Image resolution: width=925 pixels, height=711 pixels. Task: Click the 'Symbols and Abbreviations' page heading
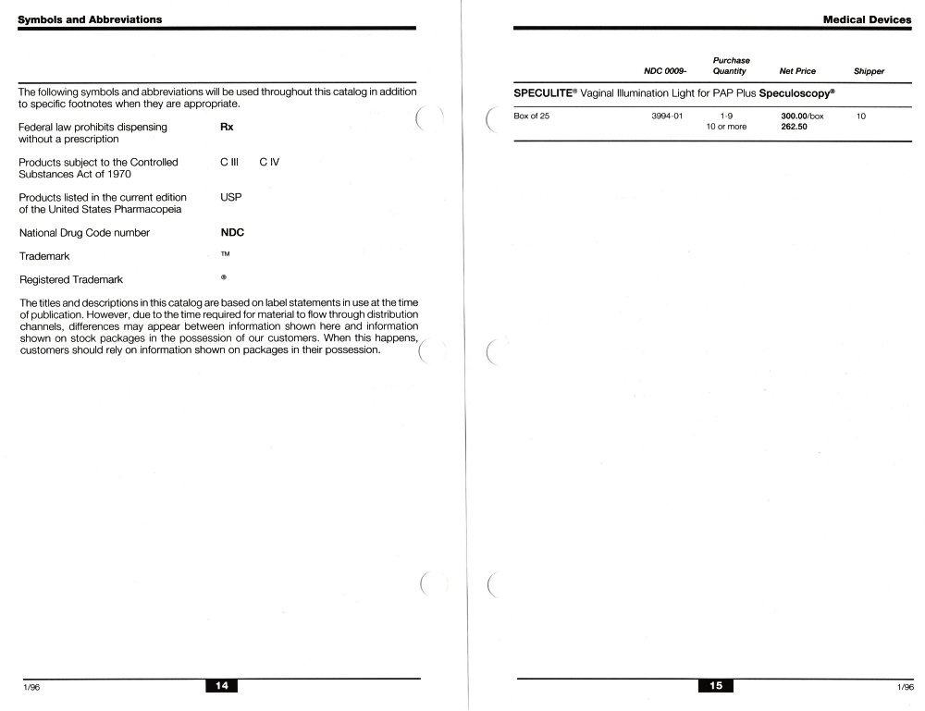[x=91, y=19]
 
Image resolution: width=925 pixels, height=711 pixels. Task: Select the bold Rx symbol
[x=227, y=127]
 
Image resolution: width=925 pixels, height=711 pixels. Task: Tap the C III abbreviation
[x=230, y=162]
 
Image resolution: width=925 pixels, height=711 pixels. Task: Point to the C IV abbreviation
[x=269, y=162]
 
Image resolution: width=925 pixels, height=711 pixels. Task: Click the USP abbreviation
[x=230, y=197]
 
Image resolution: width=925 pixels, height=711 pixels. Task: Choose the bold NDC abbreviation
[x=232, y=233]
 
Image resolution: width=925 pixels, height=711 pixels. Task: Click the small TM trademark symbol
[x=225, y=254]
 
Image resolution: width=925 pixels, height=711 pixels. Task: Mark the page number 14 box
[x=222, y=685]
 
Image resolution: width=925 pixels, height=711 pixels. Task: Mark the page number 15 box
[x=715, y=685]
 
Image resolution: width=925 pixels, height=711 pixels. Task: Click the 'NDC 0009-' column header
[x=665, y=71]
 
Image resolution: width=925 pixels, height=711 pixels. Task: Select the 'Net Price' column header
[x=797, y=71]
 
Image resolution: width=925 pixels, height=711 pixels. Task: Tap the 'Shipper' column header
[x=869, y=71]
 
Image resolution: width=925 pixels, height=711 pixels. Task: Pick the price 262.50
[x=783, y=127]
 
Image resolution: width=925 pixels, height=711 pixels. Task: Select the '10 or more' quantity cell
[x=726, y=127]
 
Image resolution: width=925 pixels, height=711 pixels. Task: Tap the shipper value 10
[x=861, y=116]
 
